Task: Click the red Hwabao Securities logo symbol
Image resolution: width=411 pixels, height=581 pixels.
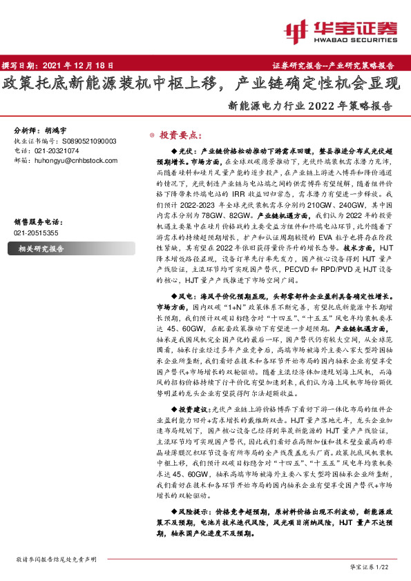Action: (x=296, y=30)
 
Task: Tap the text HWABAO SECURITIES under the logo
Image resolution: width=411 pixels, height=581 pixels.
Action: (x=354, y=39)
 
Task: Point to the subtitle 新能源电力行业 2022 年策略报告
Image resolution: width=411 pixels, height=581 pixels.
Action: (x=309, y=107)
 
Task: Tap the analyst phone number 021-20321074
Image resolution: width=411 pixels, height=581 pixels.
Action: (x=54, y=150)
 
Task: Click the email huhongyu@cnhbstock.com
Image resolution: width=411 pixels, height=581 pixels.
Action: (x=76, y=160)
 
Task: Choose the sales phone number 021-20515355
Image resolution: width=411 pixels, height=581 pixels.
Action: (x=36, y=233)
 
